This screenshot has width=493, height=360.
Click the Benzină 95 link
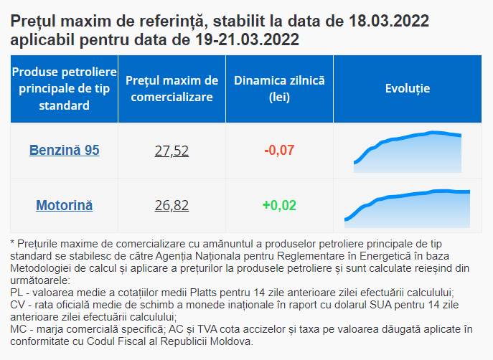(64, 151)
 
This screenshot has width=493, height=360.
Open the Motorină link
(64, 206)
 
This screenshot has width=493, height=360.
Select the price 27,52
(172, 151)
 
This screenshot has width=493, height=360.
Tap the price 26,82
(172, 206)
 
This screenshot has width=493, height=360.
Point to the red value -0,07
(279, 151)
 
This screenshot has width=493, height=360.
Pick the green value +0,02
(279, 206)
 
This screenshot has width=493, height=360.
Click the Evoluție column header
(407, 88)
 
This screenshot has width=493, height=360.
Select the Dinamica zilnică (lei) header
(279, 88)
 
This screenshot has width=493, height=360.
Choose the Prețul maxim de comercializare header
(172, 88)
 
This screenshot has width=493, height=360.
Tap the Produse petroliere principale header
(64, 88)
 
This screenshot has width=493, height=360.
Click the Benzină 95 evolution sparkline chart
(408, 152)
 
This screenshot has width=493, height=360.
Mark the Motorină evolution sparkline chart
(407, 206)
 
